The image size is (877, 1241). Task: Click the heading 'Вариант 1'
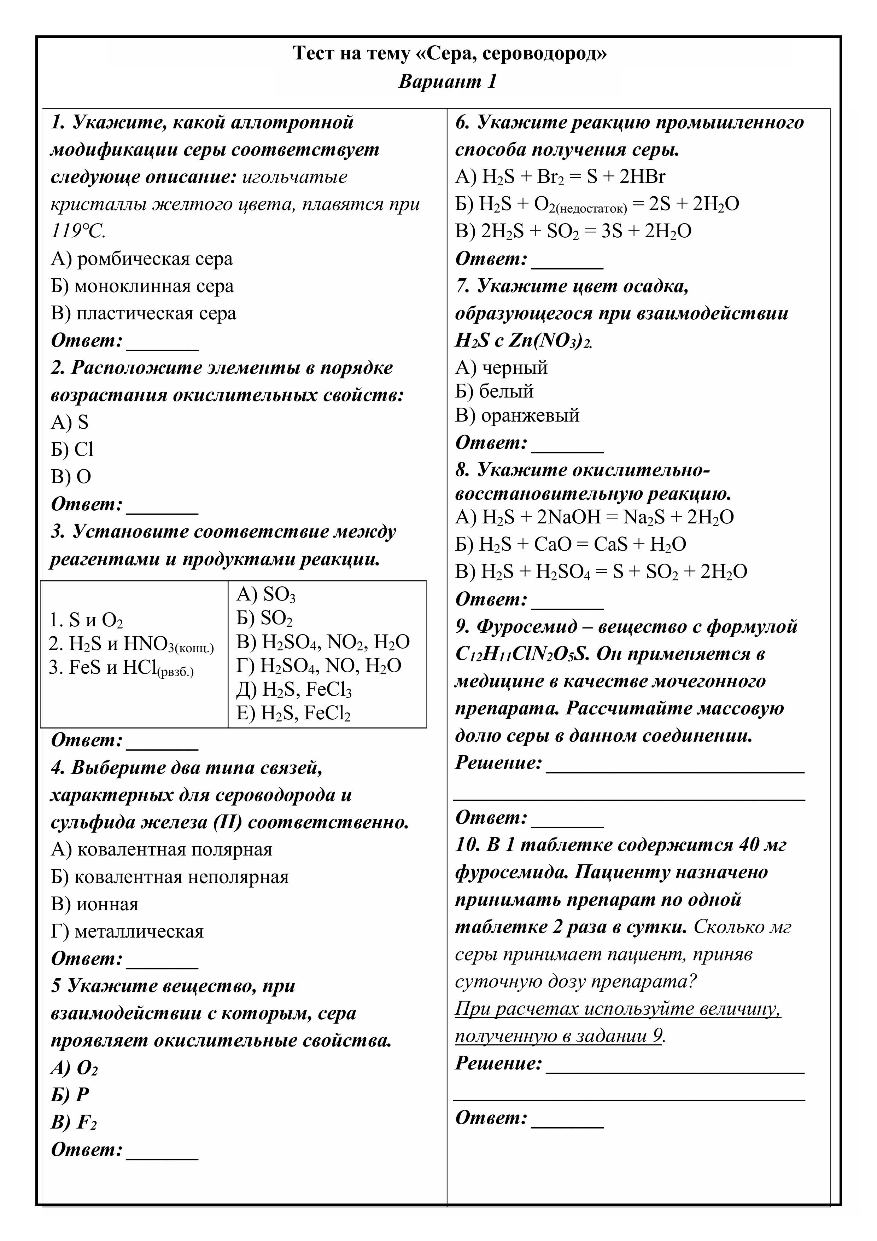pos(448,82)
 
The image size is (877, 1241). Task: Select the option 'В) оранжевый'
pos(517,415)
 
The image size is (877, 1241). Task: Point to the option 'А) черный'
pos(502,367)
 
